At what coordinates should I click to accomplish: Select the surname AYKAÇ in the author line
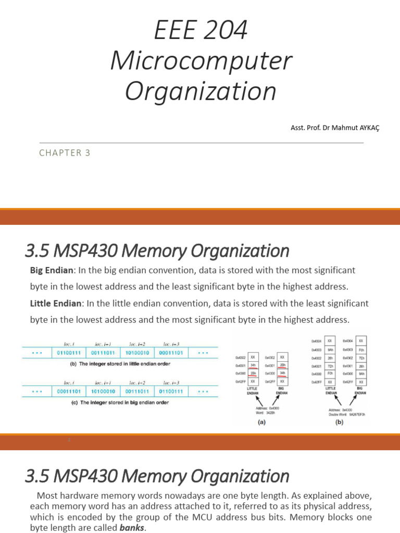click(x=368, y=128)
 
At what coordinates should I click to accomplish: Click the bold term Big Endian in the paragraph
click(x=52, y=271)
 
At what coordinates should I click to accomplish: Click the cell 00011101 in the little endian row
click(x=172, y=353)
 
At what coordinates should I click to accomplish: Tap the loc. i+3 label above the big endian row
click(x=171, y=383)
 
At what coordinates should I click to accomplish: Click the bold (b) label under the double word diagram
click(x=340, y=422)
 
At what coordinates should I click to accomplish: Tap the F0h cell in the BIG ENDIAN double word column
click(x=361, y=350)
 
